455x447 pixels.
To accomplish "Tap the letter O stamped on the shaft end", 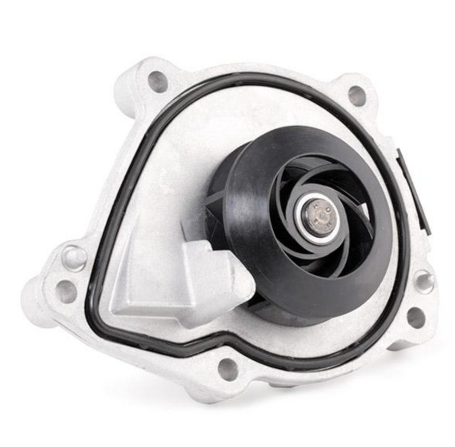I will coord(327,208).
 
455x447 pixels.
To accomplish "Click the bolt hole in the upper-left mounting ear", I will coord(158,82).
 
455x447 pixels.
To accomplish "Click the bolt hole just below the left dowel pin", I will coord(66,291).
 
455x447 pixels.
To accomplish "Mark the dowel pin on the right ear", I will coord(423,282).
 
